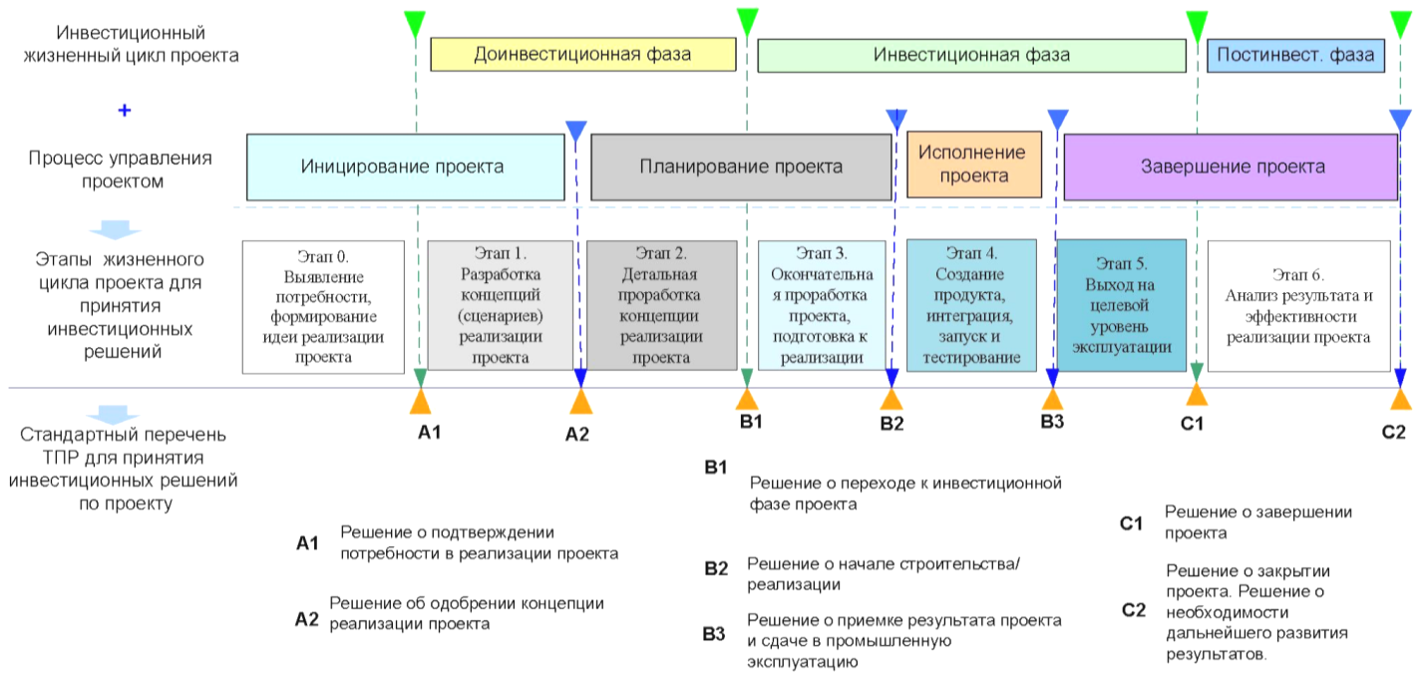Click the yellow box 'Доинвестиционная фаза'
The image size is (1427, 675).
click(x=583, y=54)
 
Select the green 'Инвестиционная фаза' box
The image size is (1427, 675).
click(x=971, y=56)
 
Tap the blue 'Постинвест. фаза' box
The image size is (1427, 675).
click(x=1295, y=56)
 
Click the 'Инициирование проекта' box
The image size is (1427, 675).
click(x=405, y=167)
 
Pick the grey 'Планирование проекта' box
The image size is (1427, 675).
click(x=741, y=167)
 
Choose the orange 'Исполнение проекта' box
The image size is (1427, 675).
click(x=974, y=165)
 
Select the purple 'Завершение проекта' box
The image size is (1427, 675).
click(x=1231, y=167)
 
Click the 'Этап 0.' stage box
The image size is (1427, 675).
click(x=323, y=307)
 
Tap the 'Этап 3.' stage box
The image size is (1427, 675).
click(x=822, y=306)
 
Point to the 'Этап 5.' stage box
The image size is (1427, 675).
click(x=1121, y=305)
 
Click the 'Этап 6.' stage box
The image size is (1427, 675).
click(x=1299, y=306)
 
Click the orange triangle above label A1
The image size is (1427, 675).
click(x=421, y=402)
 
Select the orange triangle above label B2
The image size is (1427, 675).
click(x=892, y=399)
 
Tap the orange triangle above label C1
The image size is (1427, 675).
click(x=1197, y=394)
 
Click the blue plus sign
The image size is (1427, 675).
click(x=125, y=110)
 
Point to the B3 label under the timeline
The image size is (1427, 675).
click(x=1052, y=422)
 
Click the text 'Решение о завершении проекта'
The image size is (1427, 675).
click(x=1258, y=522)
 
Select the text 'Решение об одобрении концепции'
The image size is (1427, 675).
click(x=467, y=603)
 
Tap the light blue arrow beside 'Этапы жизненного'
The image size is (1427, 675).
click(x=115, y=229)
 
